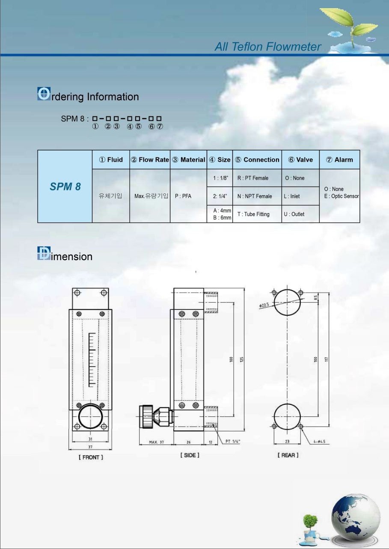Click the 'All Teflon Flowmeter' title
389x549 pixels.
pyautogui.click(x=267, y=47)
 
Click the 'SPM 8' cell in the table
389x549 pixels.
pyautogui.click(x=65, y=187)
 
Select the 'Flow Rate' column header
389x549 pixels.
pyautogui.click(x=150, y=160)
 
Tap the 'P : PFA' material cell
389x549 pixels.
pyautogui.click(x=183, y=196)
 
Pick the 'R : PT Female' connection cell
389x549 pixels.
pyautogui.click(x=253, y=178)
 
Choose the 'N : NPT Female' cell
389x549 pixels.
pyautogui.click(x=255, y=196)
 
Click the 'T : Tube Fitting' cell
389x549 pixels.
pyautogui.click(x=253, y=214)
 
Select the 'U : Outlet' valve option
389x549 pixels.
pyautogui.click(x=294, y=214)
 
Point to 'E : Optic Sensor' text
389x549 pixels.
pyautogui.click(x=341, y=196)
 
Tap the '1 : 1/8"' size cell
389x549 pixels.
pyautogui.click(x=221, y=178)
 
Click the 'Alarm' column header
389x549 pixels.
pyautogui.click(x=339, y=160)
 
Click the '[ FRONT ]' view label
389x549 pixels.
pyautogui.click(x=91, y=457)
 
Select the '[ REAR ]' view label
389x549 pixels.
pyautogui.click(x=288, y=455)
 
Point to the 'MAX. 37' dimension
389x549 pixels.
pyautogui.click(x=156, y=442)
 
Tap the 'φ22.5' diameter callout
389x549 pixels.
pyautogui.click(x=264, y=305)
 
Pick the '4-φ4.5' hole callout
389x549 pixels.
pyautogui.click(x=319, y=442)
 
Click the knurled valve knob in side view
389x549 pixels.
pyautogui.click(x=146, y=417)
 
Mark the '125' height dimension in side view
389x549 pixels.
pyautogui.click(x=242, y=359)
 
